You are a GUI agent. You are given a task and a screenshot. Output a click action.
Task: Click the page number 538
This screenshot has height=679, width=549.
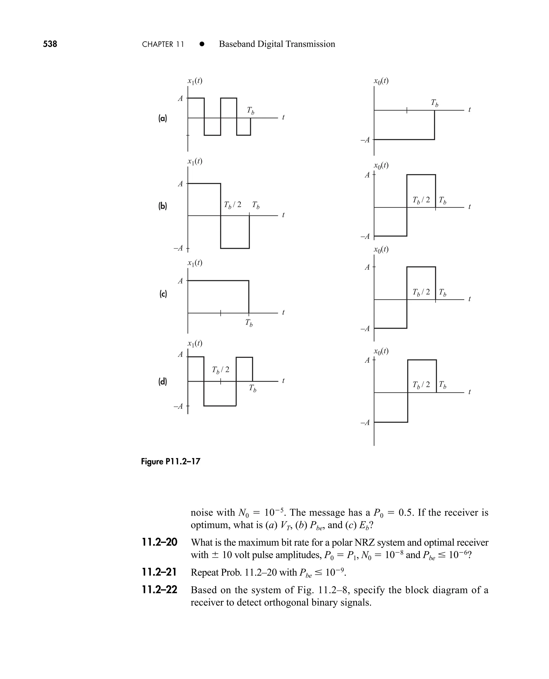point(50,44)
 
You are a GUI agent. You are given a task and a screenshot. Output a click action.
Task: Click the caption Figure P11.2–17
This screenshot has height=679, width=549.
point(170,462)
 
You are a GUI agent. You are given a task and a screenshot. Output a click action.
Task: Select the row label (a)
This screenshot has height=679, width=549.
point(162,118)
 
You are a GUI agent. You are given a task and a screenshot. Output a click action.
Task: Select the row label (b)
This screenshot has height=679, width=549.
point(162,206)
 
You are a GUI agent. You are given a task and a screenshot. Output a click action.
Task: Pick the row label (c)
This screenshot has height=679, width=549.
point(163,294)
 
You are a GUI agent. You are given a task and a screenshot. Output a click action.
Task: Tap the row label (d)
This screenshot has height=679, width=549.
point(162,382)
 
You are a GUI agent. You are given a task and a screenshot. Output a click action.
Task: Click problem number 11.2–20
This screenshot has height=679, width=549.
point(159,542)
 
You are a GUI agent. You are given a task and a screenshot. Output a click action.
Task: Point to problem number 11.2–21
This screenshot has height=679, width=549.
point(159,572)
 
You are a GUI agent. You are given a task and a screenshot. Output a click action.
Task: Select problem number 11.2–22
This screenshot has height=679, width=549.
point(159,590)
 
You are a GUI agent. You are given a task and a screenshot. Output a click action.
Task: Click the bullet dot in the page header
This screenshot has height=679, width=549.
point(202,44)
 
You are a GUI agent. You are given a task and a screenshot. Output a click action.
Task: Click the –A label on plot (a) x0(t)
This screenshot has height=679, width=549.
point(365,140)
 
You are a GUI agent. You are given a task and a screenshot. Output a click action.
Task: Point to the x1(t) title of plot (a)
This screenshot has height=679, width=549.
point(195,81)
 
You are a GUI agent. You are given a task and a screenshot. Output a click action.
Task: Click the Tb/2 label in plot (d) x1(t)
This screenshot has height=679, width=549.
point(221,370)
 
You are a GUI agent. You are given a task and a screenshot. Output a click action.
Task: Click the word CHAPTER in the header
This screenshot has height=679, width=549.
point(158,44)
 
